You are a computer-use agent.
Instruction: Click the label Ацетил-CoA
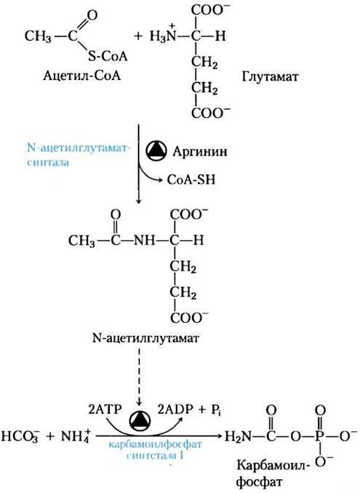[81, 76]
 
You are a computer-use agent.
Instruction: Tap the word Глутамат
[270, 76]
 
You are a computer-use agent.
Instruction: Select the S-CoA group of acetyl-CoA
[108, 56]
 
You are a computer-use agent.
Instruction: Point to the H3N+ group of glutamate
[163, 35]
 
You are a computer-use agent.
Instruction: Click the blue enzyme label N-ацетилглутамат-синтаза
[78, 155]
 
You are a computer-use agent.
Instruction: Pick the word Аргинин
[200, 152]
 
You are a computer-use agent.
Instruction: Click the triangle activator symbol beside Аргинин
[156, 151]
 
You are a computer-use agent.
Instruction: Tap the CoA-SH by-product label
[191, 180]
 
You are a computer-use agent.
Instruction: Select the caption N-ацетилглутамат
[146, 338]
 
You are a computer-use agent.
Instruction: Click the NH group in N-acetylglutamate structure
[144, 241]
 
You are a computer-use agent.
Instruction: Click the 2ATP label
[105, 409]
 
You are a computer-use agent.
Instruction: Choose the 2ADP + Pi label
[189, 409]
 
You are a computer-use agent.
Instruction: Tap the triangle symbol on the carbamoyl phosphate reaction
[140, 420]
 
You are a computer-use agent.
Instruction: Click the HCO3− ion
[20, 437]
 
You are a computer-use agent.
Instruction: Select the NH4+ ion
[75, 436]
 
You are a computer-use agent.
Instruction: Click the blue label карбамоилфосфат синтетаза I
[155, 450]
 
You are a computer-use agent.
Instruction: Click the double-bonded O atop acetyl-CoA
[92, 15]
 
